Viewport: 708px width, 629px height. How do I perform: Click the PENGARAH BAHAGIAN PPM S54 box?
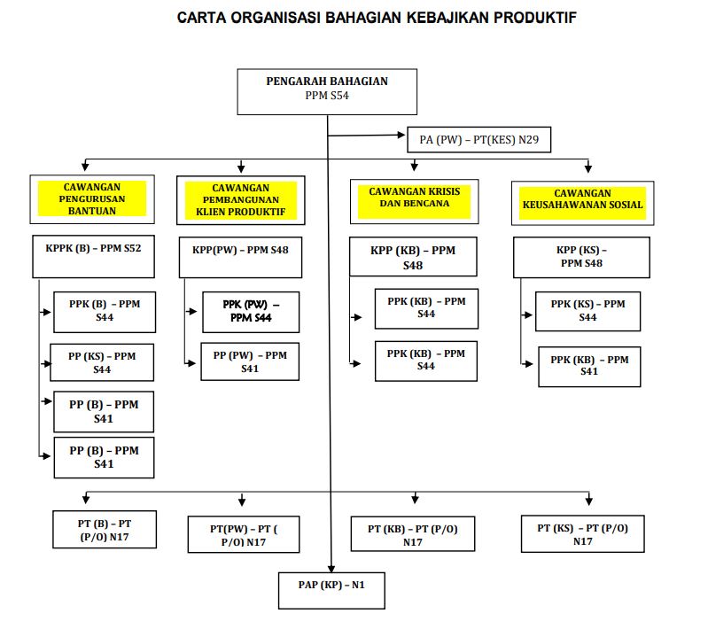[327, 89]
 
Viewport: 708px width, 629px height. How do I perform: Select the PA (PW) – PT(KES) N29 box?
[478, 139]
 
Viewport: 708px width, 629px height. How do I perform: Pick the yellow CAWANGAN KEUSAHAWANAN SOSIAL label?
[582, 199]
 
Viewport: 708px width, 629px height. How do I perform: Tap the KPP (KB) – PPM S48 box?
[413, 257]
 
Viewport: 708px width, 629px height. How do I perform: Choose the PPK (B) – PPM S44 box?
[104, 310]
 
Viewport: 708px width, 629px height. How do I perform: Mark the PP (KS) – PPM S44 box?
[102, 362]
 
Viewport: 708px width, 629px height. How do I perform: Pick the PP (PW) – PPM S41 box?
[250, 361]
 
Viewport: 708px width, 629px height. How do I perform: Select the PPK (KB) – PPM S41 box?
[589, 366]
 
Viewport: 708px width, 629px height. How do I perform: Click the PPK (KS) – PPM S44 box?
[587, 310]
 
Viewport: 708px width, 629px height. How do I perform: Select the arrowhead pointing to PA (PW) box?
[401, 136]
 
